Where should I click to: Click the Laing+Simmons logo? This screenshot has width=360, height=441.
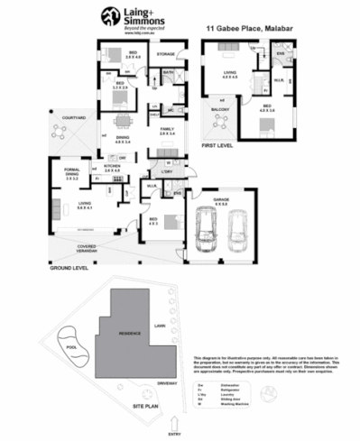click(x=128, y=17)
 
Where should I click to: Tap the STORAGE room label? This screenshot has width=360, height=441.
click(x=165, y=55)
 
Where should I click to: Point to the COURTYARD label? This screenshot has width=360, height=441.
click(x=61, y=117)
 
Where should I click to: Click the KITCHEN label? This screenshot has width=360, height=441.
click(x=112, y=168)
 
